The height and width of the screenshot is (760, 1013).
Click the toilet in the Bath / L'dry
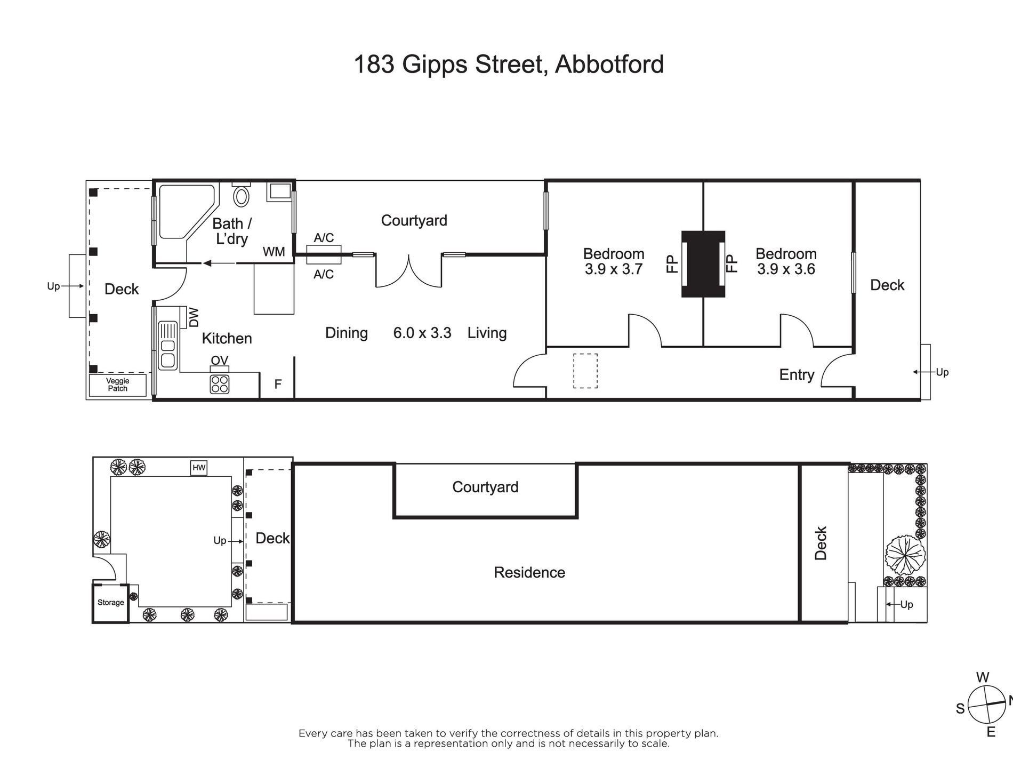tap(242, 195)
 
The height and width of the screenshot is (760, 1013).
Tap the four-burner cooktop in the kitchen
tap(220, 384)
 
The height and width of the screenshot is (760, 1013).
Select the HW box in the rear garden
tap(199, 468)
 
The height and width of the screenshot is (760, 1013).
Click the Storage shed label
tap(111, 603)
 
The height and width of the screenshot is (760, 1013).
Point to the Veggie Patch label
tap(118, 385)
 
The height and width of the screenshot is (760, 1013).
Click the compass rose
tap(986, 719)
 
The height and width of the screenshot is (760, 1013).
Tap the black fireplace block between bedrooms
tap(703, 264)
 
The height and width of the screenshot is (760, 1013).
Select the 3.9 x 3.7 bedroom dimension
tap(614, 269)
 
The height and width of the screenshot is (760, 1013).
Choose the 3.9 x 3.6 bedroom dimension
tap(786, 269)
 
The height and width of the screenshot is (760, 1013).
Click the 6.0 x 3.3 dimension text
tap(422, 333)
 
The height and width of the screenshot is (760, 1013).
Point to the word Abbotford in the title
tap(609, 65)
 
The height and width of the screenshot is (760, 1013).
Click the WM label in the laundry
tap(274, 252)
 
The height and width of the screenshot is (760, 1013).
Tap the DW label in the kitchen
tap(194, 317)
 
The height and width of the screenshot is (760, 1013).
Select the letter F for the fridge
tap(278, 384)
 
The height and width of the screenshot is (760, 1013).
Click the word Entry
tap(797, 375)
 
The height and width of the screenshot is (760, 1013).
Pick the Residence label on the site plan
tap(529, 573)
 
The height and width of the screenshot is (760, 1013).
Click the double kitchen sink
tap(167, 345)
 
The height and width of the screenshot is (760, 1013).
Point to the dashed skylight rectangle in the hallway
tap(585, 371)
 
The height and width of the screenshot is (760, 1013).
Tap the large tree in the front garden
tap(905, 555)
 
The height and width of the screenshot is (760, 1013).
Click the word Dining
tap(347, 333)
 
